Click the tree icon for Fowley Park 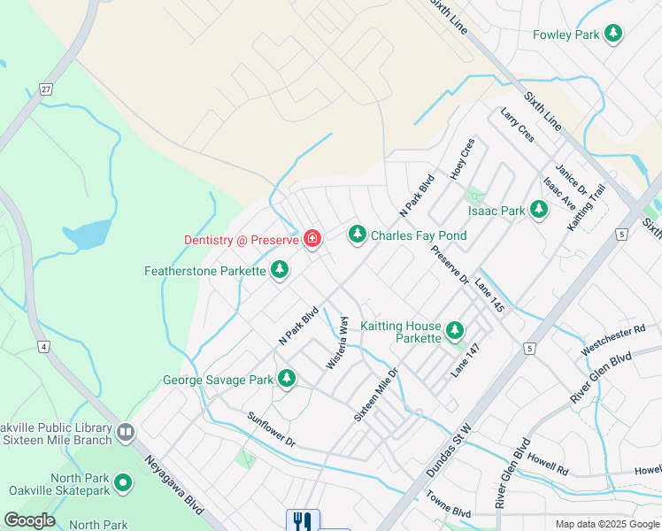(x=613, y=35)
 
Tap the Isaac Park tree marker (x=538, y=211)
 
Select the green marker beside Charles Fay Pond (x=357, y=235)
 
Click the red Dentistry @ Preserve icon (x=312, y=239)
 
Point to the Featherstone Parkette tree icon (x=280, y=269)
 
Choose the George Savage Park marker (x=286, y=379)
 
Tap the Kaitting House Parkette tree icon (x=455, y=331)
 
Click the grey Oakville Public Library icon (x=125, y=433)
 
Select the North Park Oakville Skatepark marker (x=123, y=483)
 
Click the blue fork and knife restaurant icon (x=302, y=521)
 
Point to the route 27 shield (x=45, y=88)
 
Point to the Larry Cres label (x=517, y=126)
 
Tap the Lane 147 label (x=467, y=360)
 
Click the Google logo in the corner (x=29, y=520)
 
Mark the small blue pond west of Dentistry (x=87, y=234)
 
